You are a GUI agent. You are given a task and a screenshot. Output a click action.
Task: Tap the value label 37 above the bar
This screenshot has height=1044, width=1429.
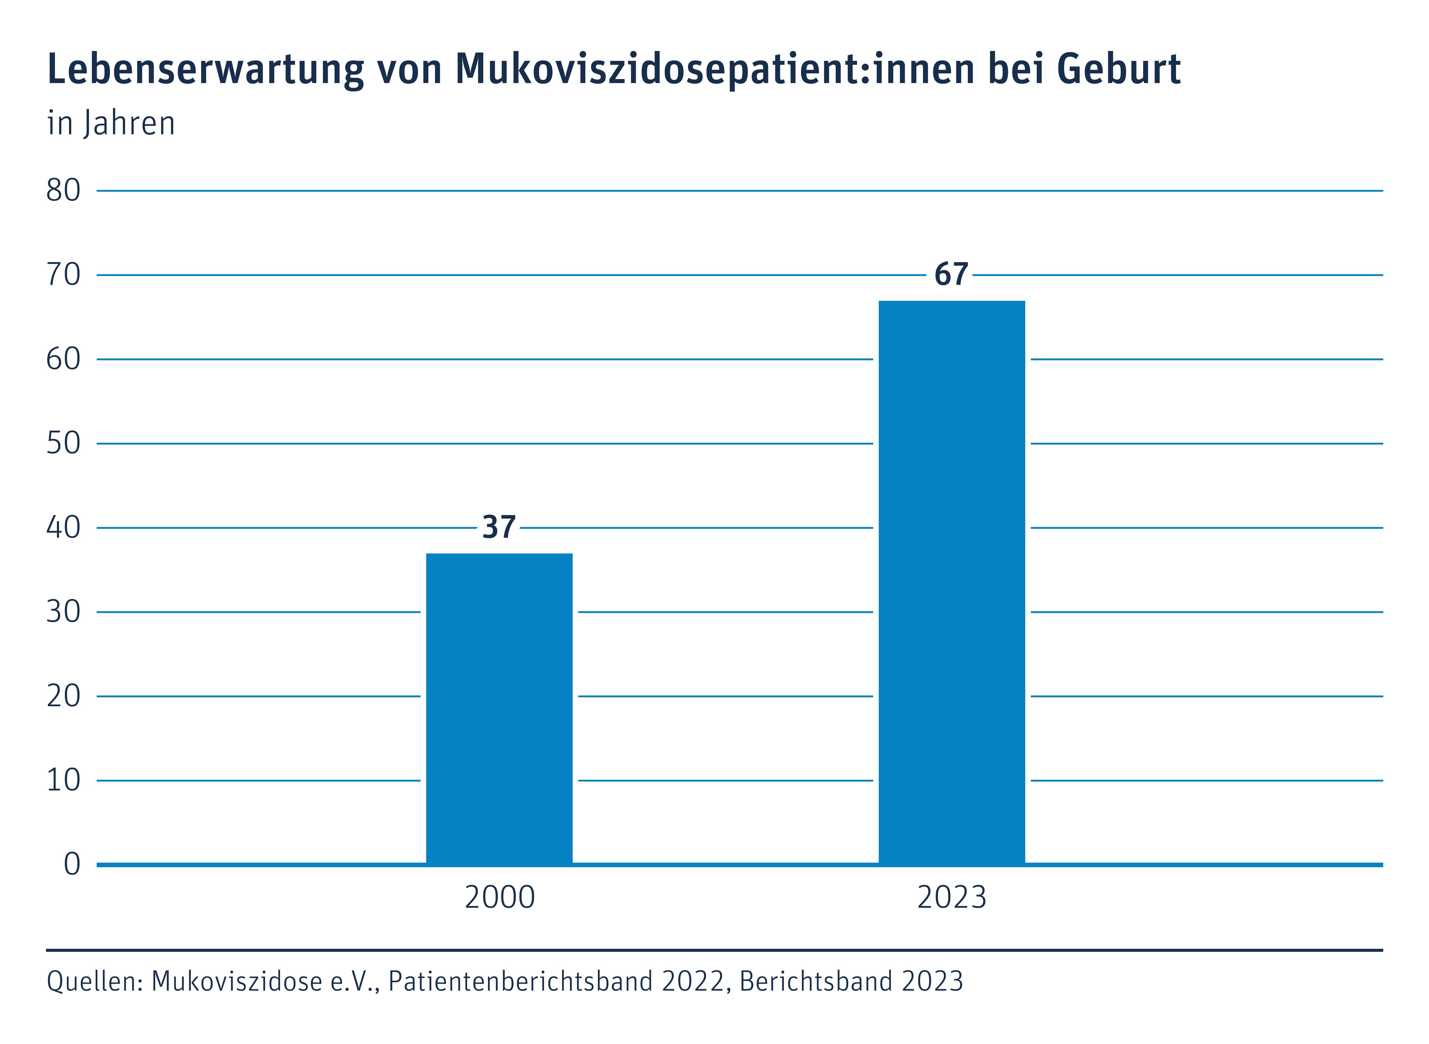coord(499,527)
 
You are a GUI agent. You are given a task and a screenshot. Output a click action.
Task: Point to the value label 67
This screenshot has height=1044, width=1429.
coord(951,274)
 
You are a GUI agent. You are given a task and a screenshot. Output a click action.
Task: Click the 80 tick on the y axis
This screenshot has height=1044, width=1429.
coord(63,190)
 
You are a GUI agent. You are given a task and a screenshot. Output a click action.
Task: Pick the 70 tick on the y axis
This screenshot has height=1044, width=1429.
coord(63,275)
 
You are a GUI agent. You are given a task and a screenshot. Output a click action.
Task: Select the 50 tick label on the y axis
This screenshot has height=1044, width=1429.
coord(63,444)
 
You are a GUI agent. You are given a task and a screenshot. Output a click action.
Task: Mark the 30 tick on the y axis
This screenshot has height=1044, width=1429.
coord(63,612)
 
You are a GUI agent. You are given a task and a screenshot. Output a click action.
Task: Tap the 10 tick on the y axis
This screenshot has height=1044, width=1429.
coord(63,781)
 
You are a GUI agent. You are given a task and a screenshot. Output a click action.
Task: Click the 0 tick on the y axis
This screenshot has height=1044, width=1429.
coord(72,864)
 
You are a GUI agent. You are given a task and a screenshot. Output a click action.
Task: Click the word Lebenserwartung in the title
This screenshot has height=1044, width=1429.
coord(205,69)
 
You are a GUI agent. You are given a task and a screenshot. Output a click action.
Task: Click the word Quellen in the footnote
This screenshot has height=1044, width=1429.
coord(95,981)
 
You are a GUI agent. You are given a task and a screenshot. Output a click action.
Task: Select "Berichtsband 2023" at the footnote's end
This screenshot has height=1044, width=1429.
coord(851,981)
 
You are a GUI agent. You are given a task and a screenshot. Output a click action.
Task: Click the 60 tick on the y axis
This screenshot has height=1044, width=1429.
coord(63,359)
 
